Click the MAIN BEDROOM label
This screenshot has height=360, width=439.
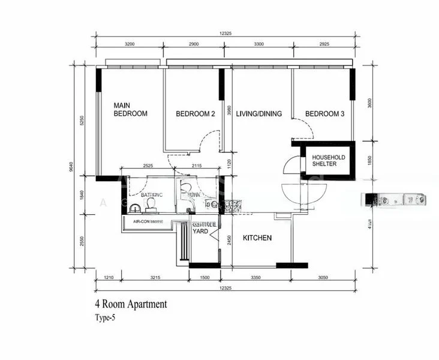pos(130,109)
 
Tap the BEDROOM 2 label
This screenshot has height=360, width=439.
pos(195,114)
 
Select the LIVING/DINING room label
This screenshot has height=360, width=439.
pos(258,114)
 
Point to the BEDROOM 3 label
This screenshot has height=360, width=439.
pos(324,114)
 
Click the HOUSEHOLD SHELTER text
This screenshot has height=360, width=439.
pos(328,160)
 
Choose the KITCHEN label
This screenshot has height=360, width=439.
pos(257,238)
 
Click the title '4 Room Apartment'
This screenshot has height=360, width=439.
pos(131,304)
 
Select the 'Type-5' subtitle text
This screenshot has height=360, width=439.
pos(104,318)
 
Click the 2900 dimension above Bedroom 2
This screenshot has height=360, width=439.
pos(194,45)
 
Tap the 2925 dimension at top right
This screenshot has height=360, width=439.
pos(324,45)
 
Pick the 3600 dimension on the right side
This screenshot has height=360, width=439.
pos(371,102)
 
